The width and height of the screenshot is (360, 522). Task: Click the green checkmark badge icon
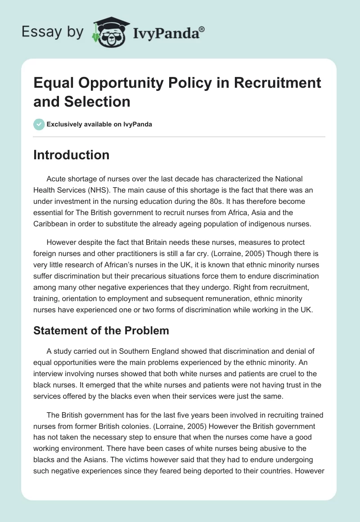tap(39, 124)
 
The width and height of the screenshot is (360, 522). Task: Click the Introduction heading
tap(72, 155)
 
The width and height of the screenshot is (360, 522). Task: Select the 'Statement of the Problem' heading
tap(101, 331)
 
